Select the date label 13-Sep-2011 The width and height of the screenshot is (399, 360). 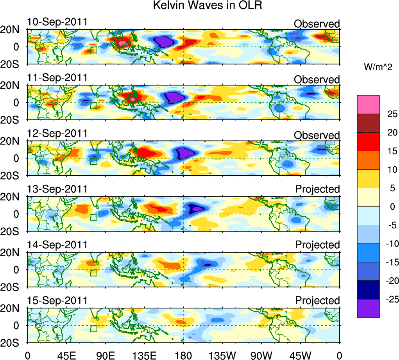[57, 189]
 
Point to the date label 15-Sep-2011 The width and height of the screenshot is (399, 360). [57, 301]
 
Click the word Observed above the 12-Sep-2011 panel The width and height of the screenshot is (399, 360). [317, 135]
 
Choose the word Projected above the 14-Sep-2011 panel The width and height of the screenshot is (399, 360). [317, 245]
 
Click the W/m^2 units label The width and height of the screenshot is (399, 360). [378, 67]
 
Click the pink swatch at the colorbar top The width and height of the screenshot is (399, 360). [368, 104]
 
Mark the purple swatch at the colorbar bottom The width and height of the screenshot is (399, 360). [368, 308]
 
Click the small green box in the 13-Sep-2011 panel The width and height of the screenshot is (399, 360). [93, 217]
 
